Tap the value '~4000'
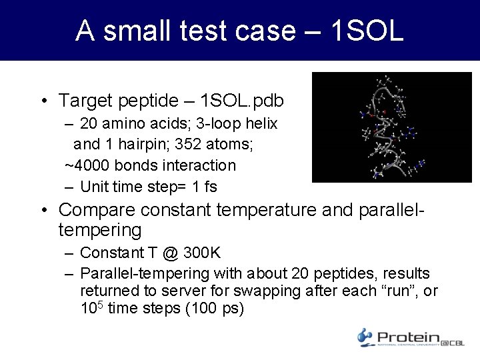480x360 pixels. coord(86,165)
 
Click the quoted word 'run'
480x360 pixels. coord(403,291)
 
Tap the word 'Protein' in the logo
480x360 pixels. coord(407,337)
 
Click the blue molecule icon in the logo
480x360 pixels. coord(365,337)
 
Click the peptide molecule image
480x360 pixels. coord(391,127)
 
